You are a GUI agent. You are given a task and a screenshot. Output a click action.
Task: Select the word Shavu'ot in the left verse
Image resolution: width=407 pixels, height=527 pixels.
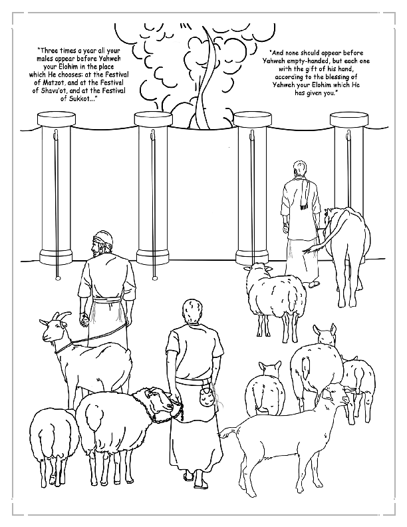click(55, 91)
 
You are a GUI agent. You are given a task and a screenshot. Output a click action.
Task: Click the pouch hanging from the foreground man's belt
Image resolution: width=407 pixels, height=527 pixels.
click(207, 399)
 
